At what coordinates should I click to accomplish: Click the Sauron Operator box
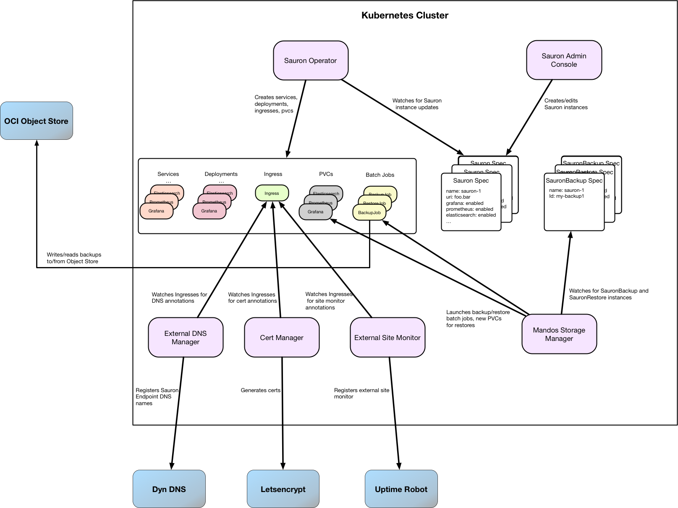coord(311,60)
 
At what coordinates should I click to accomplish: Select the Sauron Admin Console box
coord(564,60)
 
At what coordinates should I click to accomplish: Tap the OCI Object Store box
coord(37,121)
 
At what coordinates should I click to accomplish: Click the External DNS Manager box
coord(186,338)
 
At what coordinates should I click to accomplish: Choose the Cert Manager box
coord(282,338)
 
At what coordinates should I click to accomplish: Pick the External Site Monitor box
coord(387,338)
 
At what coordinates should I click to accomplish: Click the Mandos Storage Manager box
coord(559,334)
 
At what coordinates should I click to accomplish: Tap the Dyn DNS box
coord(169,489)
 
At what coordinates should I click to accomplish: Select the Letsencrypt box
coord(283,489)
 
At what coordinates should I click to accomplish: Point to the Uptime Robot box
coord(401,489)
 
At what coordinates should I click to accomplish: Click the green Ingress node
coord(272,193)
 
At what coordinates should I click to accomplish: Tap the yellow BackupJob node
coord(369,212)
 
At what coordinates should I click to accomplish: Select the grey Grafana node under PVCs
coord(315,212)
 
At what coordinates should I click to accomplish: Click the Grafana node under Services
coord(156,211)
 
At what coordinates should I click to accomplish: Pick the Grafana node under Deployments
coord(209,211)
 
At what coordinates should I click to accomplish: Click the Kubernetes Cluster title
coord(405,16)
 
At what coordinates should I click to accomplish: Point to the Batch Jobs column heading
coord(380,175)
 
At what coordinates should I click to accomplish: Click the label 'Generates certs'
coord(260,390)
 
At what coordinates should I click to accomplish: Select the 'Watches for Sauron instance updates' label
coord(417,104)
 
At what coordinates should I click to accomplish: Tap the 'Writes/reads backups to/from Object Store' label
coord(74,258)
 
